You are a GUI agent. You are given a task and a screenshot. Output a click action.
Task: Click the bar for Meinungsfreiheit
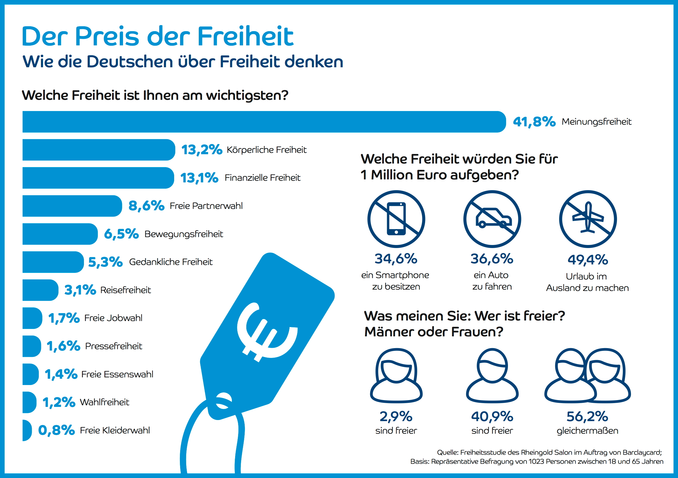coord(263,122)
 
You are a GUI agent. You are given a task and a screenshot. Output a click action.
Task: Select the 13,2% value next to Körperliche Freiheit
coord(201,150)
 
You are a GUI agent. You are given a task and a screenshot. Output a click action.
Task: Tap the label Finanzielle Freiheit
coord(262,178)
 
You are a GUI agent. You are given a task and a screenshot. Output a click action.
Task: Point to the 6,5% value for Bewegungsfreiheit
coord(121,234)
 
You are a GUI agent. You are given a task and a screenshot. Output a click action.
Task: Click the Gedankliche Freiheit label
coord(171,262)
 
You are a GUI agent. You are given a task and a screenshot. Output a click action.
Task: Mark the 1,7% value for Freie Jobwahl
coord(64,318)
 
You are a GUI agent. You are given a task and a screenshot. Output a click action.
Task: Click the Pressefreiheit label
coord(113,346)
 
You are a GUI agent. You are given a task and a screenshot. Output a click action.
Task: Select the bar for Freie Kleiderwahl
coord(27,430)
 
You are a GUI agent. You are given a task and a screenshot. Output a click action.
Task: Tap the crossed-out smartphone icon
coord(396,219)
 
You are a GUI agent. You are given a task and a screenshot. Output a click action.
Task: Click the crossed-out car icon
coord(492,219)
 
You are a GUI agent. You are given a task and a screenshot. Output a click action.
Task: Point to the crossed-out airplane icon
coord(588,219)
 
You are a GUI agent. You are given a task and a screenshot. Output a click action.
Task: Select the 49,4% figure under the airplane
coord(588,260)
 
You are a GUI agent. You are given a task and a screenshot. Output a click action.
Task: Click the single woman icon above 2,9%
coord(396,375)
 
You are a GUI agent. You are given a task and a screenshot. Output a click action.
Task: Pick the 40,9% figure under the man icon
coord(492,416)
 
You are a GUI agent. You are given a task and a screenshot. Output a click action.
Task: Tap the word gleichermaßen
coord(587,431)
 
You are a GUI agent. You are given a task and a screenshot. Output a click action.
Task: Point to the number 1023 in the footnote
coord(536,462)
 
